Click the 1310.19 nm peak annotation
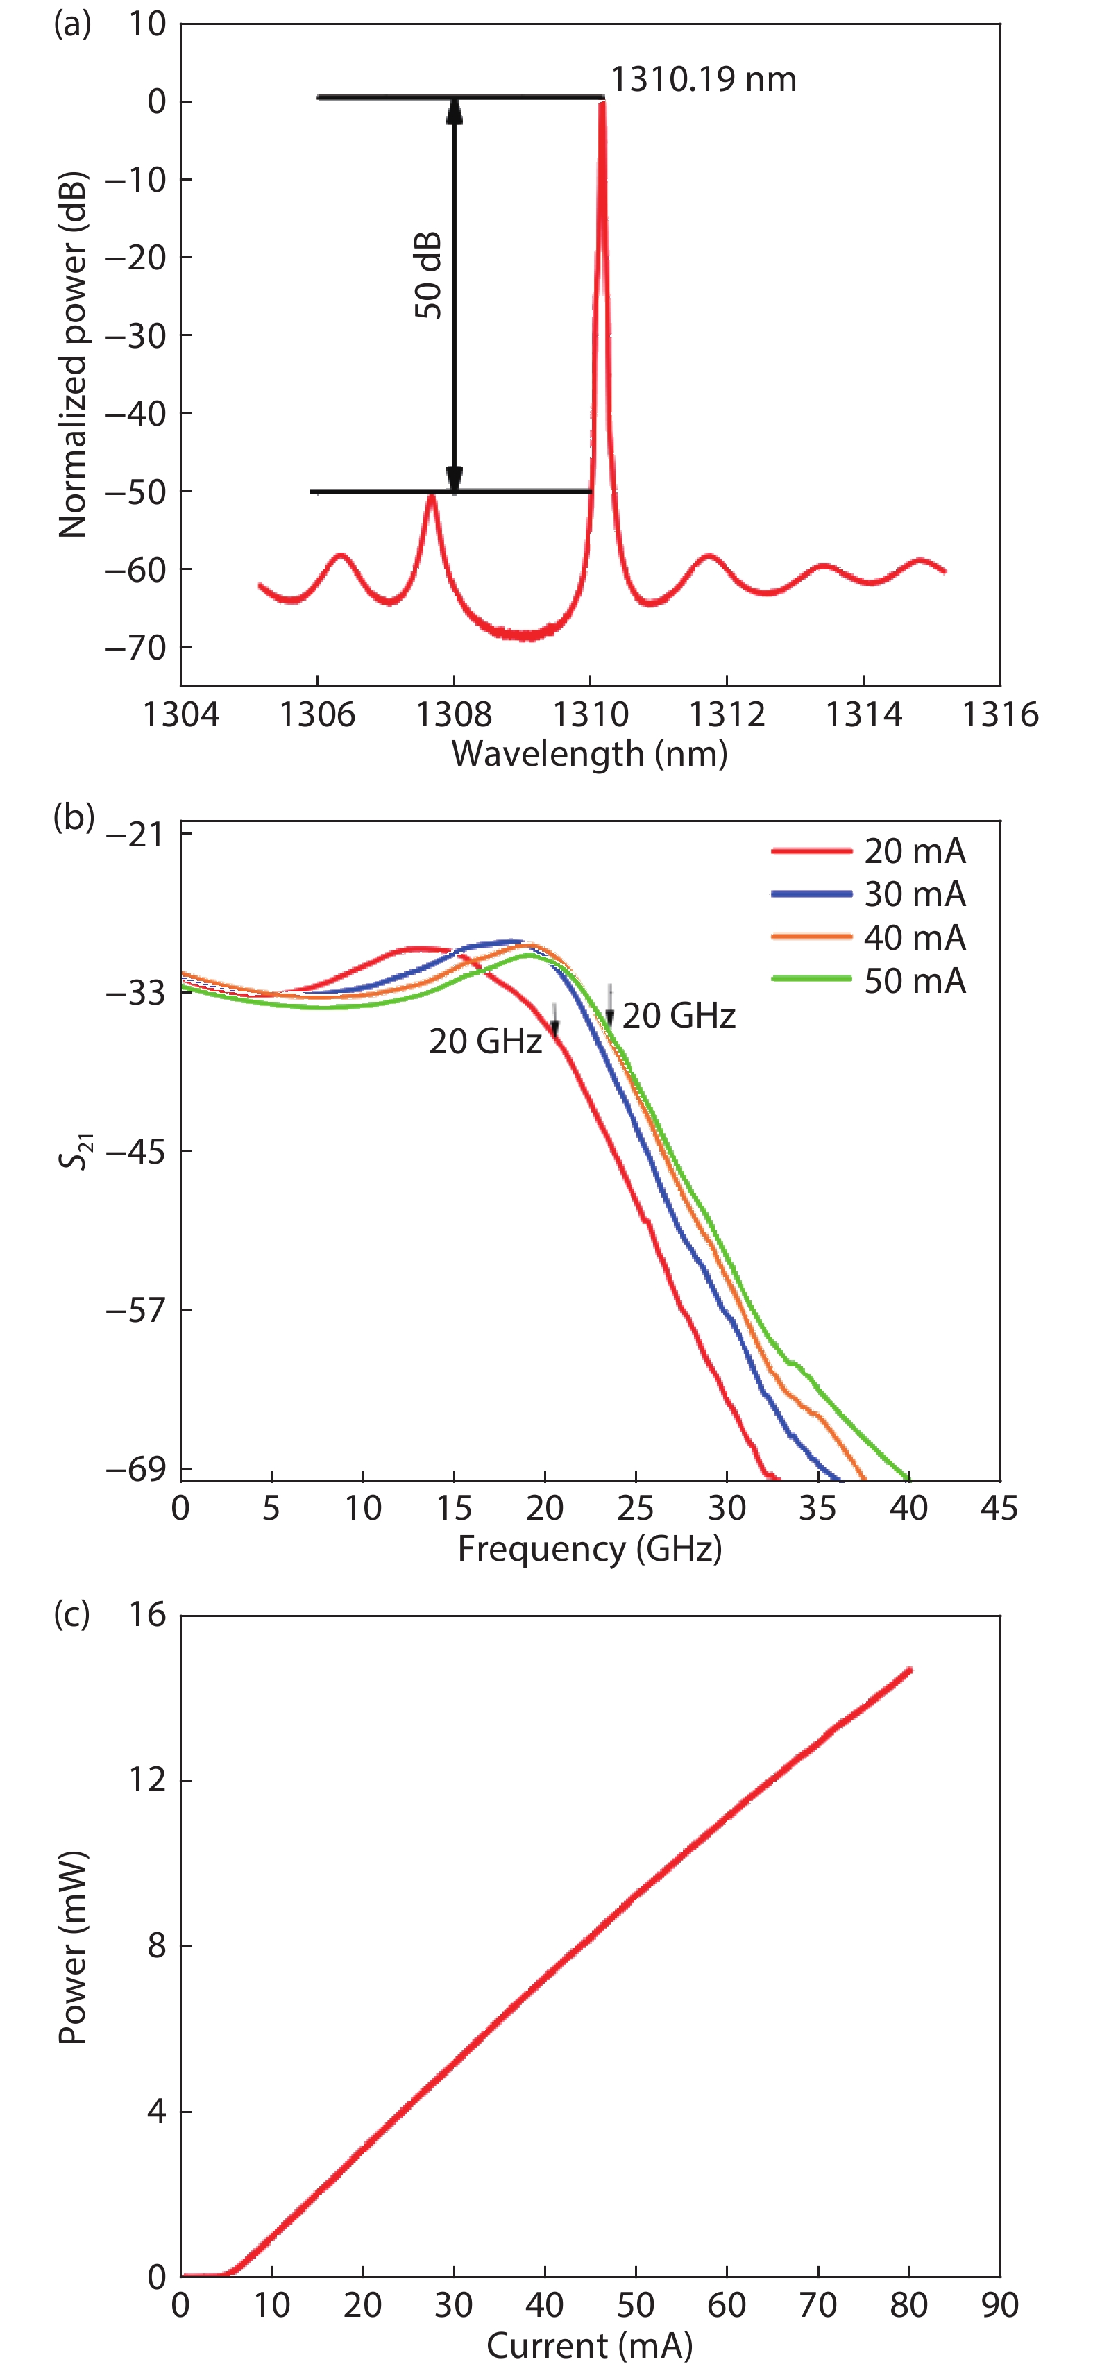click(703, 80)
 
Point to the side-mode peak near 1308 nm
click(430, 499)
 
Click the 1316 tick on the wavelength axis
click(999, 714)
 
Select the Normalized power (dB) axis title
click(71, 354)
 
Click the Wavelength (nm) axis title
click(588, 754)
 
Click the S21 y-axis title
click(76, 1150)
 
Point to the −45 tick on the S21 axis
click(136, 1150)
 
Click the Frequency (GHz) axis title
click(588, 1548)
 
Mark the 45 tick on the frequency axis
click(999, 1507)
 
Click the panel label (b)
click(74, 816)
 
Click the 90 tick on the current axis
click(999, 2305)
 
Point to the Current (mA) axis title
click(588, 2345)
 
